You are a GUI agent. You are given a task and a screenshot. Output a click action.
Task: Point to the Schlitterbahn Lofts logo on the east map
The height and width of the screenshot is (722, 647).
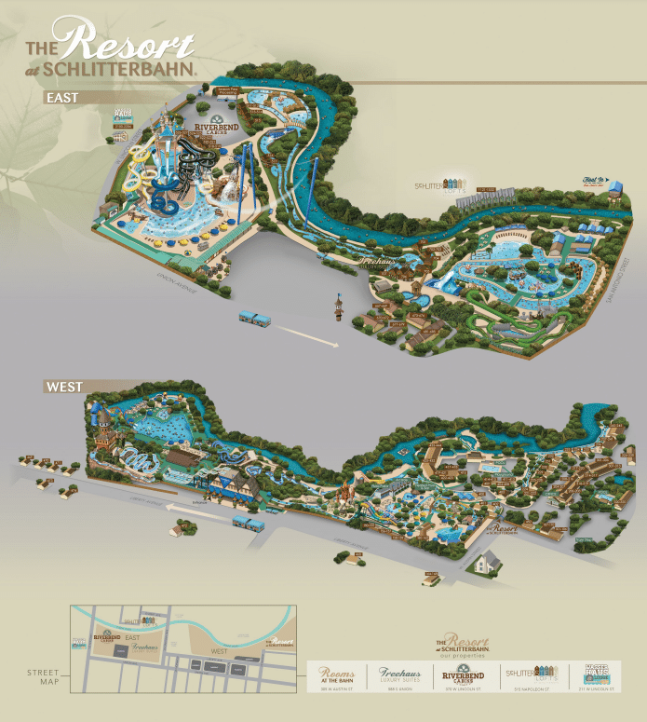pyautogui.click(x=438, y=184)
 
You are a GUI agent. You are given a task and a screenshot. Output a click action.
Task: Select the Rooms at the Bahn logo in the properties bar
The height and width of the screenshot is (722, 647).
pyautogui.click(x=337, y=674)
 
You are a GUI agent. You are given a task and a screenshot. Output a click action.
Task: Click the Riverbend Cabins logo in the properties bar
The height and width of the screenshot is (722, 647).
pyautogui.click(x=462, y=674)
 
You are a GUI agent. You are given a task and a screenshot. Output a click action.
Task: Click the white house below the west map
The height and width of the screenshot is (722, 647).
pyautogui.click(x=485, y=561)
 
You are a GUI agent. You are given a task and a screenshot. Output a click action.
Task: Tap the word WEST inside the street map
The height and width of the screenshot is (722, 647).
pyautogui.click(x=221, y=650)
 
